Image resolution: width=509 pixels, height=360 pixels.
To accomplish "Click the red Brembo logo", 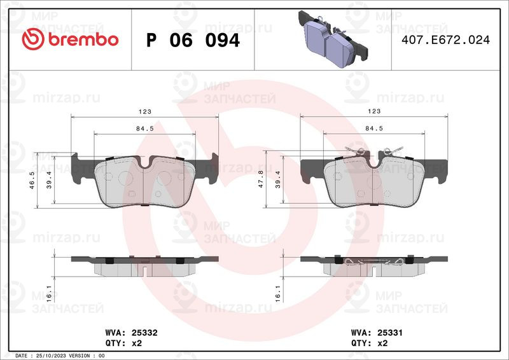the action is pos(70,39).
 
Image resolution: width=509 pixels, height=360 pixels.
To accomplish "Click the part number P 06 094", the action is pos(193,40).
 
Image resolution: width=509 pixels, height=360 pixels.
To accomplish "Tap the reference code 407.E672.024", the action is pos(446,39).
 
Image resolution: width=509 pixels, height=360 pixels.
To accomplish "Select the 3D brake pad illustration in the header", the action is pos(333,39).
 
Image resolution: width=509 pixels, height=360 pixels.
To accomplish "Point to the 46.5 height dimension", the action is pos(32,180).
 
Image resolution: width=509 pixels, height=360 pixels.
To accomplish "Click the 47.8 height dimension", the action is pos(261,179).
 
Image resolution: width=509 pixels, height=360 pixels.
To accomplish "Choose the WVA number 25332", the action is pos(144,333).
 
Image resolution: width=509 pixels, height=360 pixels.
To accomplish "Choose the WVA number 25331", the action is pos(390,333).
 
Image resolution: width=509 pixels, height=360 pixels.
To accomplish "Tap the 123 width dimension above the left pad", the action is pos(145,112).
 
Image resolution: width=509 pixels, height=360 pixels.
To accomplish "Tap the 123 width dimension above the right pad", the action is pos(374,111).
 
